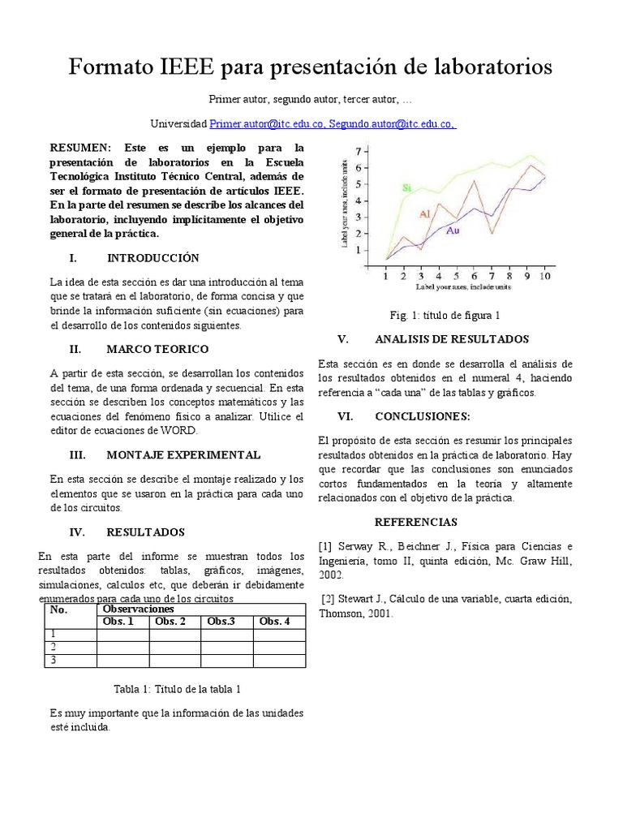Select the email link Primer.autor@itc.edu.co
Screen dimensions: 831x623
268,123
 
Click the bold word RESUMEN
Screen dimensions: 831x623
80,148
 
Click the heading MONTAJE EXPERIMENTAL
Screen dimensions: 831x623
183,454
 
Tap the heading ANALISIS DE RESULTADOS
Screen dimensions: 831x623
451,338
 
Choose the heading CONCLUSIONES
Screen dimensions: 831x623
422,415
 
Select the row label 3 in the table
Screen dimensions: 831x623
54,660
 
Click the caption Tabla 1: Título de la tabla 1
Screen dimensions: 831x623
177,689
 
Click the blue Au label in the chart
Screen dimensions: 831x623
453,231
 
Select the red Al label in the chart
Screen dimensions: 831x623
424,213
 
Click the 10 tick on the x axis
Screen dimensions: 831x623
544,277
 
